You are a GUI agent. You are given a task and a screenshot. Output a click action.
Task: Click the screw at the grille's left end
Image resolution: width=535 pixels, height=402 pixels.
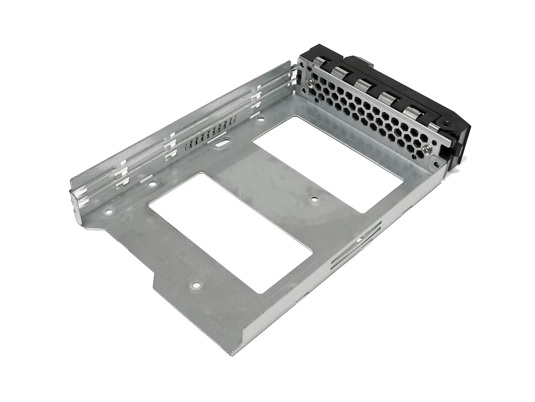(x=308, y=84)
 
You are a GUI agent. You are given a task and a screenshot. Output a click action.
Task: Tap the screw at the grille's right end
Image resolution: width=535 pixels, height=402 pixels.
(x=426, y=150)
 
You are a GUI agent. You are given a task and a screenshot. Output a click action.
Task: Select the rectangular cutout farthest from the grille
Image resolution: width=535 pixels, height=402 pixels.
(x=230, y=232)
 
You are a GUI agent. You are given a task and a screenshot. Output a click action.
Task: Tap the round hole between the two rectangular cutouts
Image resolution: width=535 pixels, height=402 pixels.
(x=314, y=200)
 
